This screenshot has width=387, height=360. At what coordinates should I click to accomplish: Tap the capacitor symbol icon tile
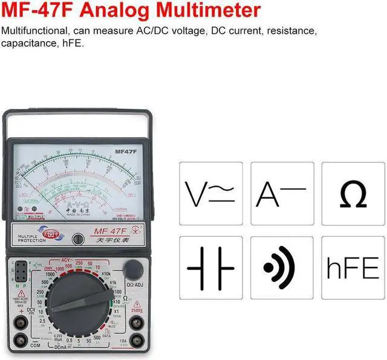pyautogui.click(x=210, y=268)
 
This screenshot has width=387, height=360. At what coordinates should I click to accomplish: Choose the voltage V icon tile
pyautogui.click(x=210, y=193)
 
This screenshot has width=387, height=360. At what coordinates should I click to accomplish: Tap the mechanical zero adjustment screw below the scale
pyautogui.click(x=78, y=239)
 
